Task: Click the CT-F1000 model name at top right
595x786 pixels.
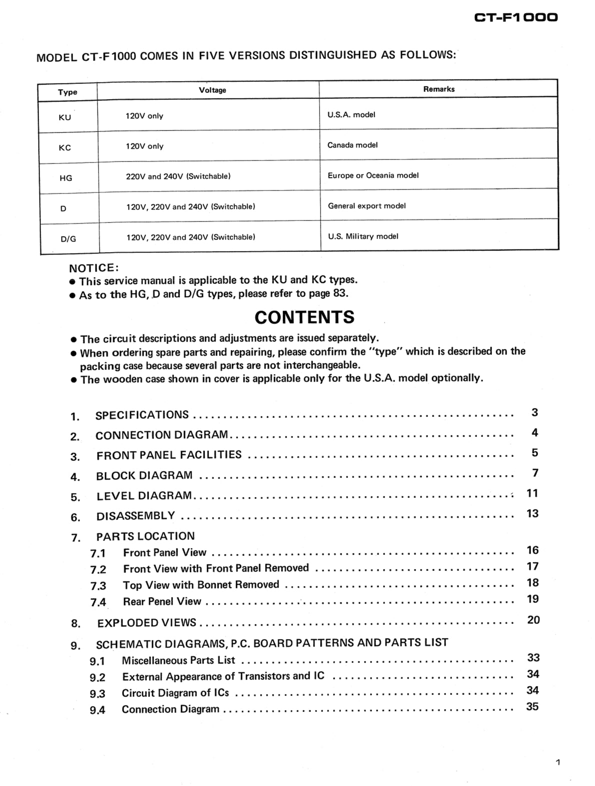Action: click(x=515, y=17)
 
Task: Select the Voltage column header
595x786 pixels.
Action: click(x=212, y=90)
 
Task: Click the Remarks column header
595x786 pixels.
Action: click(x=438, y=89)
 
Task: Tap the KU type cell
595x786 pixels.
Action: click(x=65, y=117)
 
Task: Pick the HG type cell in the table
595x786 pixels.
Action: click(x=65, y=178)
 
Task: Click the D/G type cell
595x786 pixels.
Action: click(x=68, y=239)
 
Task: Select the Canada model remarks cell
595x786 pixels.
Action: click(x=352, y=145)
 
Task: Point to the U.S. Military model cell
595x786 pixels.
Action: click(x=363, y=236)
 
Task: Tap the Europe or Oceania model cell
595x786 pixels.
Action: click(x=373, y=175)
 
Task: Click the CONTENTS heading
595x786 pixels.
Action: click(x=304, y=317)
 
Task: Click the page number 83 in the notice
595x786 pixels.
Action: click(x=339, y=293)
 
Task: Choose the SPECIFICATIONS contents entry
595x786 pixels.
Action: click(x=142, y=415)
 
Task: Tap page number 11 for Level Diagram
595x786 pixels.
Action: click(x=532, y=493)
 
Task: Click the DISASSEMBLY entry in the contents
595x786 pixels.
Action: click(x=135, y=516)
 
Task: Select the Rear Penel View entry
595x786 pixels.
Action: click(x=162, y=601)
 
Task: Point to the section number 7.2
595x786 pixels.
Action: click(x=98, y=569)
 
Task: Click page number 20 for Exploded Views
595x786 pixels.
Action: click(x=533, y=620)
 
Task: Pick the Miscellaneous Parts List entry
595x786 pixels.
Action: click(x=178, y=660)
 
